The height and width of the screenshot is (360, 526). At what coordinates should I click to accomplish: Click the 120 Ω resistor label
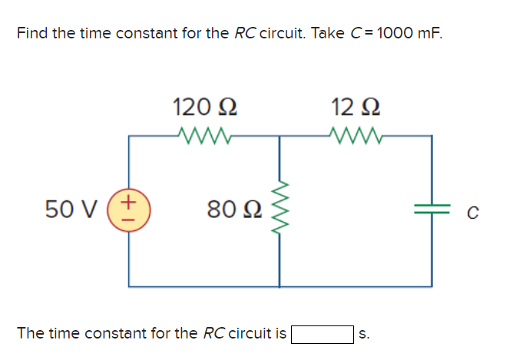[204, 106]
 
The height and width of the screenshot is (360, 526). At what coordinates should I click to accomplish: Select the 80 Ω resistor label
[236, 208]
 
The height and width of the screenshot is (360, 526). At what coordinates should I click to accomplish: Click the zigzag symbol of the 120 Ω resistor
[203, 136]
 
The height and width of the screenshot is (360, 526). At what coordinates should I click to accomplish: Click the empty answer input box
[321, 334]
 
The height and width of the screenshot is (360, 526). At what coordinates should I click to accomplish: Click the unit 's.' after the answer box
[364, 334]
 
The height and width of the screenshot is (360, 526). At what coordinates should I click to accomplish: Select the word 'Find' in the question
[31, 34]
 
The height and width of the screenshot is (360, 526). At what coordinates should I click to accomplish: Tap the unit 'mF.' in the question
[432, 34]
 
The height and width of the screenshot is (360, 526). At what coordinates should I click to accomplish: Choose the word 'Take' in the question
[329, 34]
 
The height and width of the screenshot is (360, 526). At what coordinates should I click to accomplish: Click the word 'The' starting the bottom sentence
[30, 334]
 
